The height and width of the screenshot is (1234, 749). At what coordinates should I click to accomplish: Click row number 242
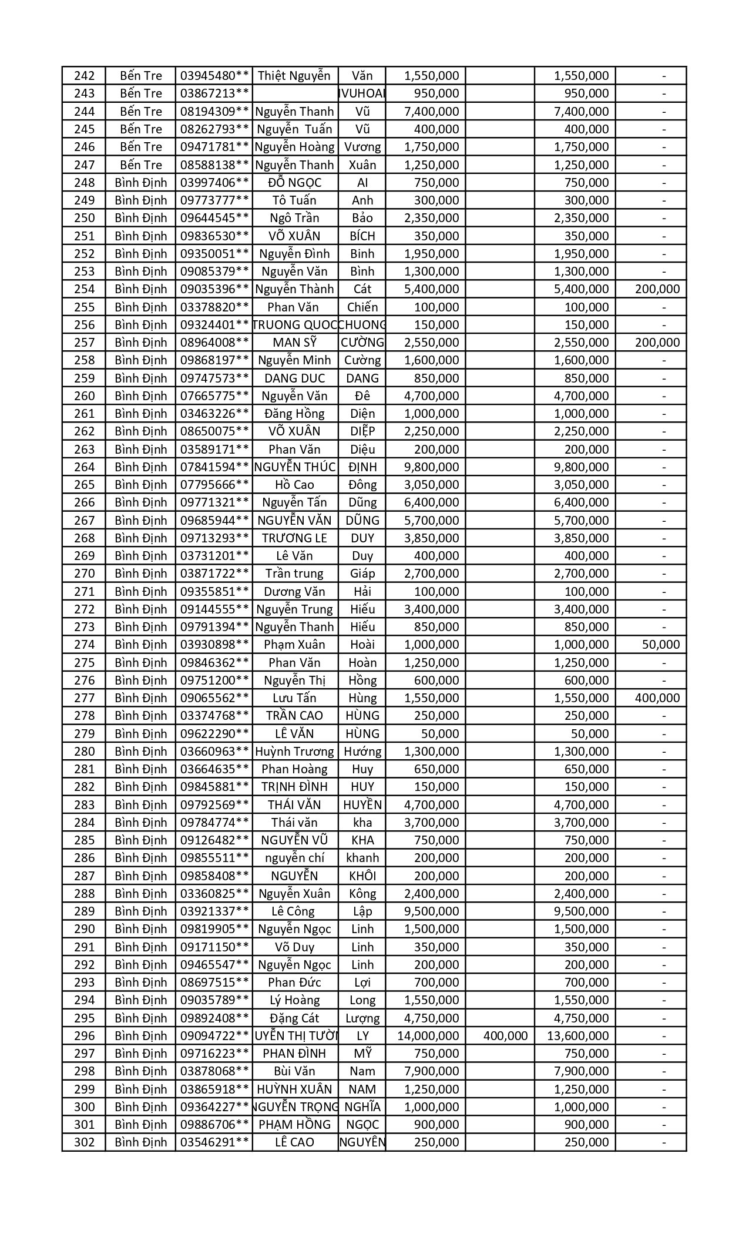[x=84, y=76]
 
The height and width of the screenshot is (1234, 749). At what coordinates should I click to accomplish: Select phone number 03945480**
[x=214, y=76]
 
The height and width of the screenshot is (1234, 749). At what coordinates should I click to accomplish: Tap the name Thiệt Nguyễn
[x=294, y=76]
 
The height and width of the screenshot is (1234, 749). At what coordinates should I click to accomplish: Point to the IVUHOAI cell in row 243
[x=362, y=93]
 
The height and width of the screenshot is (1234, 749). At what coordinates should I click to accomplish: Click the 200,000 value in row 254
[x=657, y=289]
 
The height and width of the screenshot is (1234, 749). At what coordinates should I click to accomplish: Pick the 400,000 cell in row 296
[x=505, y=1036]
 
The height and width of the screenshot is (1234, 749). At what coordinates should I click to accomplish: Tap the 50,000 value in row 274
[x=661, y=645]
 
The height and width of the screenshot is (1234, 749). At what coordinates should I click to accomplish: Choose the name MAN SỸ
[x=294, y=343]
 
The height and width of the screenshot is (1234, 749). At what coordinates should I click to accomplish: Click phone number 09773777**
[x=214, y=200]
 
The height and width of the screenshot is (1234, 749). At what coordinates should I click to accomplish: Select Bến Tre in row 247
[x=140, y=165]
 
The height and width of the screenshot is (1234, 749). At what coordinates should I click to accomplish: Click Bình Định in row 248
[x=140, y=183]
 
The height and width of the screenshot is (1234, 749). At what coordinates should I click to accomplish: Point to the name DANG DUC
[x=294, y=378]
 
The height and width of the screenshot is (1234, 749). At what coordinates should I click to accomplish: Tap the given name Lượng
[x=362, y=1018]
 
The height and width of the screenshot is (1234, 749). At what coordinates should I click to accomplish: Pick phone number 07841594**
[x=214, y=467]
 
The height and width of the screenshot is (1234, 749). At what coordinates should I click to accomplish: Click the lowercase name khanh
[x=362, y=858]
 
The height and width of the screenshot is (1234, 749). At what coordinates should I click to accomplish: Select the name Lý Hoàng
[x=294, y=1000]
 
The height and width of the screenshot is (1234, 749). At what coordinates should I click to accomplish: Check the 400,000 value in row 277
[x=657, y=698]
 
